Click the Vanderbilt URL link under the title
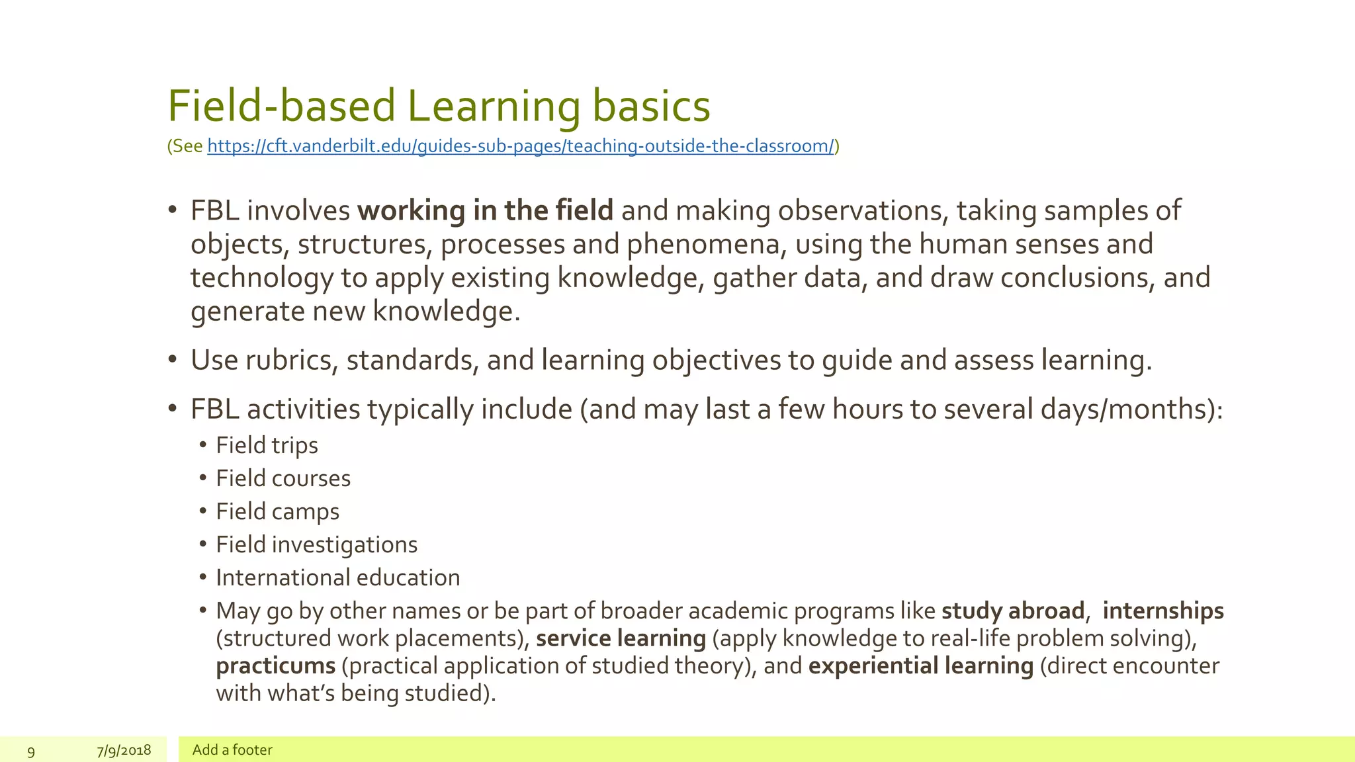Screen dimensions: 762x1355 tap(521, 146)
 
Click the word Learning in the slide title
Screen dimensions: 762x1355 tap(493, 106)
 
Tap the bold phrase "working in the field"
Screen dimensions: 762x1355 tap(485, 211)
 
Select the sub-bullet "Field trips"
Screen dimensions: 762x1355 tap(267, 446)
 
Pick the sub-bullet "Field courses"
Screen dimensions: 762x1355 tap(283, 479)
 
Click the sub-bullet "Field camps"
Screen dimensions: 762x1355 tap(277, 512)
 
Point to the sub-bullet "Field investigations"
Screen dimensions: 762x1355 tap(316, 545)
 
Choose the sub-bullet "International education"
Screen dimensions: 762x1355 tap(337, 578)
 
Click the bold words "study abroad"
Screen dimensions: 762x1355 tap(1013, 611)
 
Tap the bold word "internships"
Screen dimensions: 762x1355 tap(1163, 611)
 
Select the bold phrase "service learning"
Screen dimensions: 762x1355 tap(621, 639)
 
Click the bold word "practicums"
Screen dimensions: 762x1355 tap(276, 666)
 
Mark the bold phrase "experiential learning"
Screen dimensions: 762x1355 tap(921, 666)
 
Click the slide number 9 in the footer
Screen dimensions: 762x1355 tap(31, 751)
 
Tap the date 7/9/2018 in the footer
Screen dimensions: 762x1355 tap(124, 750)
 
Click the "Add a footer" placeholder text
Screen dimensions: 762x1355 tap(232, 750)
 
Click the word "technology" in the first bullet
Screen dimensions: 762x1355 tap(262, 278)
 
